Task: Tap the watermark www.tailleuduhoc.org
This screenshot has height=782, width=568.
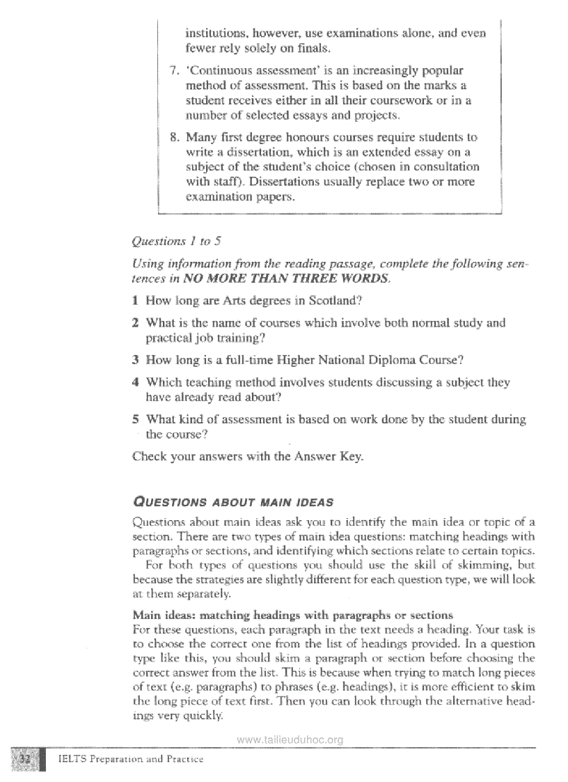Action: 290,740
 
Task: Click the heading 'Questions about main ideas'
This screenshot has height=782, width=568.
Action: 232,502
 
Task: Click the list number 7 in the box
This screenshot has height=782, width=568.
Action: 174,71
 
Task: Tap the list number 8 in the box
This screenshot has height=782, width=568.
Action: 174,138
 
